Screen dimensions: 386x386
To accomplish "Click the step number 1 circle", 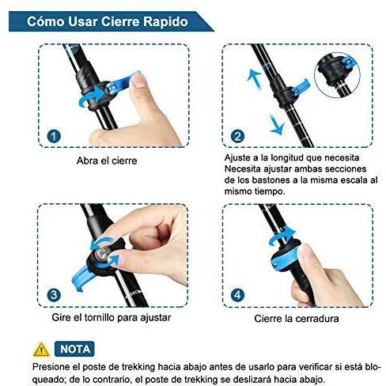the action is click(x=54, y=136).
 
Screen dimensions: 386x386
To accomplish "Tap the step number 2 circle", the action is click(x=237, y=136).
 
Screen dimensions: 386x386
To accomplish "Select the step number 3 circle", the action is click(x=54, y=295).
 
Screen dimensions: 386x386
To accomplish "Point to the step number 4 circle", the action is click(x=237, y=295).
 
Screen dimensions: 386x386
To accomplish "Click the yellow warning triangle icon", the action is click(x=41, y=350).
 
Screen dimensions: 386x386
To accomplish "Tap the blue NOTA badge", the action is click(x=74, y=349).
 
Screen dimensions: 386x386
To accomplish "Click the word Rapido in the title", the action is click(x=165, y=21).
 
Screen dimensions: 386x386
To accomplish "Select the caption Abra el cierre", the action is click(x=107, y=161).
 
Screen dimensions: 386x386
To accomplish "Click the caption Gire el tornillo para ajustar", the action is click(x=112, y=317).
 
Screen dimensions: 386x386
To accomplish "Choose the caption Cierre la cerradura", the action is click(x=297, y=319).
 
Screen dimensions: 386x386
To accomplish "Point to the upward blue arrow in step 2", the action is click(x=255, y=78).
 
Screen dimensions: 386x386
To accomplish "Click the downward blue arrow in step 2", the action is click(x=277, y=126).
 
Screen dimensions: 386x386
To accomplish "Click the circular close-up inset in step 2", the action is click(x=337, y=75).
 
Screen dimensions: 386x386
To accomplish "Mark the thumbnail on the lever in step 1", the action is click(x=139, y=80).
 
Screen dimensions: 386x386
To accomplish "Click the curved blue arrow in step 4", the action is click(x=282, y=236).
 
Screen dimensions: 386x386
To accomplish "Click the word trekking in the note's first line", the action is click(x=138, y=367).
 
